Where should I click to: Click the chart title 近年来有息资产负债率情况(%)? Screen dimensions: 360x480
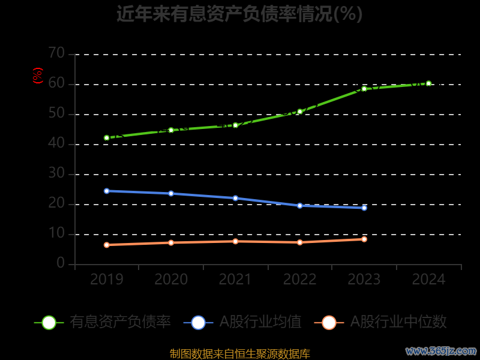(x=239, y=13)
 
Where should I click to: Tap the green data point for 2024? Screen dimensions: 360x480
(x=428, y=83)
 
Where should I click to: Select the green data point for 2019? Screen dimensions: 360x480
(x=107, y=138)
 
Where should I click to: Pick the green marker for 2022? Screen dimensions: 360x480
(x=300, y=112)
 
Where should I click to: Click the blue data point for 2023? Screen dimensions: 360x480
(x=364, y=208)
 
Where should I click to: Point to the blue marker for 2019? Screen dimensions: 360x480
(x=107, y=191)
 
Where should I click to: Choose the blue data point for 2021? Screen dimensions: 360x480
(x=235, y=198)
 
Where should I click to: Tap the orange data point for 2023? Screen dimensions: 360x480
(x=364, y=239)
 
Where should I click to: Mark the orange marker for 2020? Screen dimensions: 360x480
(x=171, y=242)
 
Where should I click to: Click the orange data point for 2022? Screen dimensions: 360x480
(x=300, y=242)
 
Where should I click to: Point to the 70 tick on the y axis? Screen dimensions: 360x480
(x=56, y=53)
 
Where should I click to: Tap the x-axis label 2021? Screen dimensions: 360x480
(x=235, y=279)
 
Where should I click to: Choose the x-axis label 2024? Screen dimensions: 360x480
(x=428, y=279)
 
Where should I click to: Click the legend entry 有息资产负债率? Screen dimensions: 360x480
(x=120, y=322)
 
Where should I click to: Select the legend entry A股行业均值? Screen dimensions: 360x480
(x=260, y=322)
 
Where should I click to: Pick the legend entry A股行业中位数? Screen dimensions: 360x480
(x=398, y=322)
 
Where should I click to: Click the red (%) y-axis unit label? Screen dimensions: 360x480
(x=37, y=76)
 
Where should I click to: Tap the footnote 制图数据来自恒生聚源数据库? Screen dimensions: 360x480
(x=240, y=353)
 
